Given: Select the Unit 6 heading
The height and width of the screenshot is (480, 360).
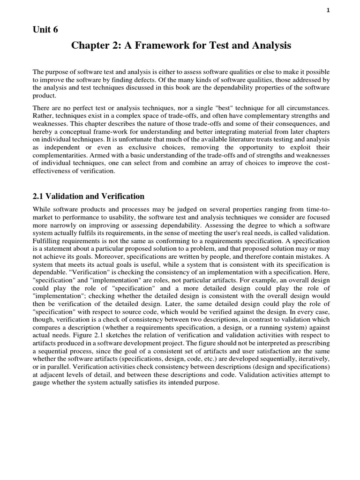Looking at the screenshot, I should (45, 30).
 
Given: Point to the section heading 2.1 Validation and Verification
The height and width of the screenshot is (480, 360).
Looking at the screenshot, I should (89, 196).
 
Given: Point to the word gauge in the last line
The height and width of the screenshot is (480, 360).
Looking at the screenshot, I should (42, 383).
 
